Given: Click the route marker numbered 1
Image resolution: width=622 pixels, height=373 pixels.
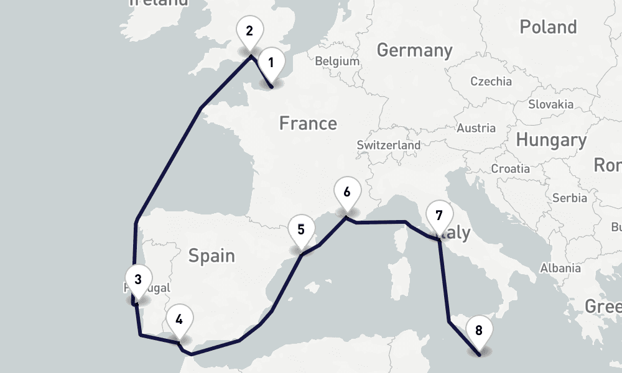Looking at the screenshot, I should coord(271,63).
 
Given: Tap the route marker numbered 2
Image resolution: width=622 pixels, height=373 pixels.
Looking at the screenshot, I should coord(250,32).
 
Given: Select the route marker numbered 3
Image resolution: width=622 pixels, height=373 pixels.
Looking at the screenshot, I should coord(137,279).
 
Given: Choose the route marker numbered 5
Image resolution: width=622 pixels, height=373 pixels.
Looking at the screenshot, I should coord(301,229).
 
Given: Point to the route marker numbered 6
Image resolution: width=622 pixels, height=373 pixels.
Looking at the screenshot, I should coord(346,192).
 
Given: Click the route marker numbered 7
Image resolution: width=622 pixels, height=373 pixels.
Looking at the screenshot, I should coord(439,216).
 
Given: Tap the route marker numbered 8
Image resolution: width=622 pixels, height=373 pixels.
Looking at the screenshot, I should coord(478,330).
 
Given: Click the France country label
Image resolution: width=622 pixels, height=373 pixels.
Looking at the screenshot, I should coord(308,123).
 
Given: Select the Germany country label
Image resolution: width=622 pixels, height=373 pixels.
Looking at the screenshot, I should coord(414,50).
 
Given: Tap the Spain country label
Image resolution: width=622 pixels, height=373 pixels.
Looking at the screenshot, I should coord(211,255).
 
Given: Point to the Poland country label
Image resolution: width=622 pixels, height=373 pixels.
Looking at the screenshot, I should coord(548,27).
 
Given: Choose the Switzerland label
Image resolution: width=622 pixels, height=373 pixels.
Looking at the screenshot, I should coord(388,145).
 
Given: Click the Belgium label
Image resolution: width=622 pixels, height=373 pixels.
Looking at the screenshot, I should coord(337,62).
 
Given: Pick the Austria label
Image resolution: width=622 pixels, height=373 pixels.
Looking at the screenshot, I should coord(476,128).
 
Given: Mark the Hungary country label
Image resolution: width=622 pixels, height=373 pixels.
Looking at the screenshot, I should coord(551,140).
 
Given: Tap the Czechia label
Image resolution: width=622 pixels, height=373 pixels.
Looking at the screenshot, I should coord(491,81).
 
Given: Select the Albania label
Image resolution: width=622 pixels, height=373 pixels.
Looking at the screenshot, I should coord(560,268).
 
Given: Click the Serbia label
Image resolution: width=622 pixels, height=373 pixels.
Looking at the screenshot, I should coord(569,198).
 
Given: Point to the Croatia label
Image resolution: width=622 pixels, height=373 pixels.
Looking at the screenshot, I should coord(510,168).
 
